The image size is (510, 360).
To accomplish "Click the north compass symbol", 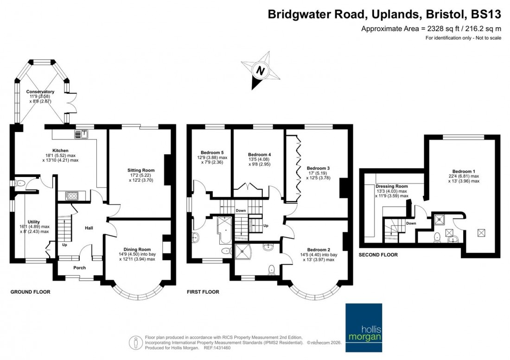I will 260,71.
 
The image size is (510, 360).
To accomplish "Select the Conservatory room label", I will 40,92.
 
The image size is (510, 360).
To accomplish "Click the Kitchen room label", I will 60,151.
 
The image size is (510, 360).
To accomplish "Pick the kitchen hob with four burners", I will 72,196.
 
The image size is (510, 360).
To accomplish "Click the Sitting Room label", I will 141,171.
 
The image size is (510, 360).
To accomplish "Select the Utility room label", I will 34,222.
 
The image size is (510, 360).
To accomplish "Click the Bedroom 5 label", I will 212,152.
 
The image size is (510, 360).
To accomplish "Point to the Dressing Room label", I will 392,186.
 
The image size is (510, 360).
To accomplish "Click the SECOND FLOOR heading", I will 378,255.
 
